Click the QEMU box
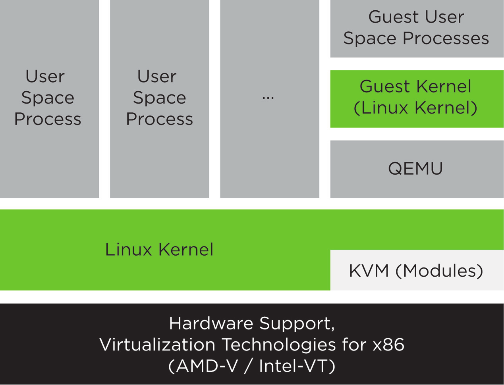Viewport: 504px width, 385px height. [x=416, y=169]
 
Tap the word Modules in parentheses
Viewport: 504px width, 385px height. [x=439, y=271]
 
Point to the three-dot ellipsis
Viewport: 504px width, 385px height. [x=268, y=98]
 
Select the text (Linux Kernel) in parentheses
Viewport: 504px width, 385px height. [x=415, y=108]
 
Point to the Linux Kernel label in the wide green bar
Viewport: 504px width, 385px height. [x=159, y=250]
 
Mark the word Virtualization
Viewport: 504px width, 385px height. [x=157, y=345]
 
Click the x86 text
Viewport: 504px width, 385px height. [x=388, y=345]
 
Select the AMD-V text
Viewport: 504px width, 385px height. [x=207, y=366]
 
